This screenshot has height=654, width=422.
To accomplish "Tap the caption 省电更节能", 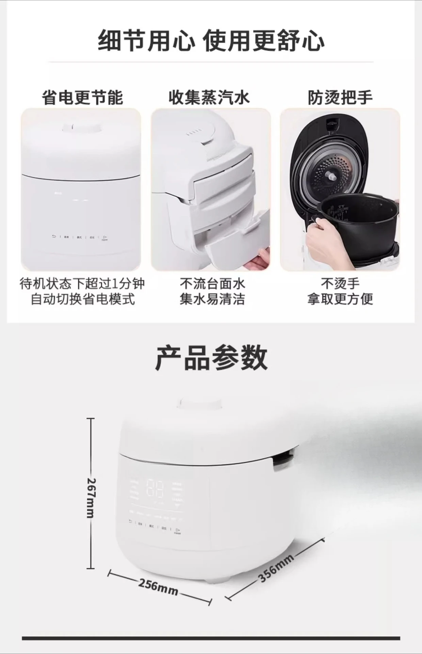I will tap(82, 97).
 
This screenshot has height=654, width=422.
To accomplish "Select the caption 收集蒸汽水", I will tap(209, 97).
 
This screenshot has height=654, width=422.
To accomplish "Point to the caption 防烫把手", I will tap(340, 97).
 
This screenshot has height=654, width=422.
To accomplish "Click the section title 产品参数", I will tap(211, 358).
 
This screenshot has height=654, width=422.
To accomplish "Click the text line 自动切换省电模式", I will tap(83, 299).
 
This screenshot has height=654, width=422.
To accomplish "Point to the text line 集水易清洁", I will tap(212, 299).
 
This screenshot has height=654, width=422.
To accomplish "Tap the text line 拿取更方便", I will tap(340, 299).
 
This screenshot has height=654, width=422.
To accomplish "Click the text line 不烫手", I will tap(340, 283).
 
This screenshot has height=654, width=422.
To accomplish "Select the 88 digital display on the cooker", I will tap(155, 490).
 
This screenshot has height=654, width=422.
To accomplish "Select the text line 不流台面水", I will tap(212, 283).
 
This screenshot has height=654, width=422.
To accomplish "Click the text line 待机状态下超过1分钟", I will tap(83, 283).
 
